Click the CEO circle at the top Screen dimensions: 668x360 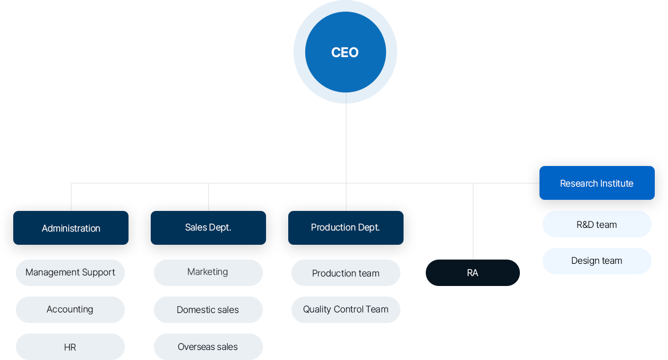coord(345,52)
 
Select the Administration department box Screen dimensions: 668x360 coord(71,228)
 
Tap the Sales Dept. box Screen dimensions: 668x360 coord(208,228)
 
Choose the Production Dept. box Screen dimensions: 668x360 coord(345,228)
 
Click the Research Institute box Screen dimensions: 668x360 coord(597,183)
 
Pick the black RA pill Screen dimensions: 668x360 coord(473,273)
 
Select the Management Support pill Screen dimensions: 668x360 coord(70,273)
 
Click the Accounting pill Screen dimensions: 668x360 coord(70,310)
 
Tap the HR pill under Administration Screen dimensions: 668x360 coord(70,347)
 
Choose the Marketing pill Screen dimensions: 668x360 coord(208,273)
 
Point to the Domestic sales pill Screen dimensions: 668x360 coord(208,310)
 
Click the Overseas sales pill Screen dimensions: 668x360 coord(208,347)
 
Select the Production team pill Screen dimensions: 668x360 coord(345,273)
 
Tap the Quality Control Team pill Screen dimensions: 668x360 coord(345,310)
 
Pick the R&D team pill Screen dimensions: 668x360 coord(597,224)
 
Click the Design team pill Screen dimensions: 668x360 coord(597,261)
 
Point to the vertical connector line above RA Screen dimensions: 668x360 coord(473,221)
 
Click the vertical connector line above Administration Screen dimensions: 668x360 coord(71,197)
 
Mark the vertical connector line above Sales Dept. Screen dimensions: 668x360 coord(208,197)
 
